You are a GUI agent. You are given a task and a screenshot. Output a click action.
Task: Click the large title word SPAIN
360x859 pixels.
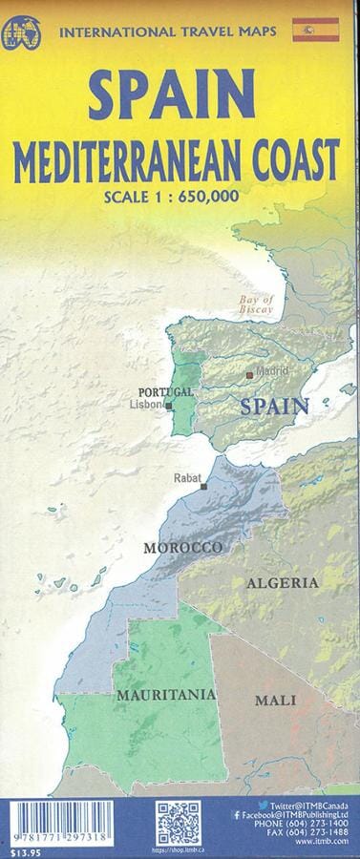[180, 95]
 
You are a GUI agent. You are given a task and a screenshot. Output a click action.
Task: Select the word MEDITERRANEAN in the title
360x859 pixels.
[130, 156]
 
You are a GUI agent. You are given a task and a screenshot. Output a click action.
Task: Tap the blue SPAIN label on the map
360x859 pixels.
[275, 406]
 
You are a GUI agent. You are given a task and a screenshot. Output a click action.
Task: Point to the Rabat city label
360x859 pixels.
[188, 477]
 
